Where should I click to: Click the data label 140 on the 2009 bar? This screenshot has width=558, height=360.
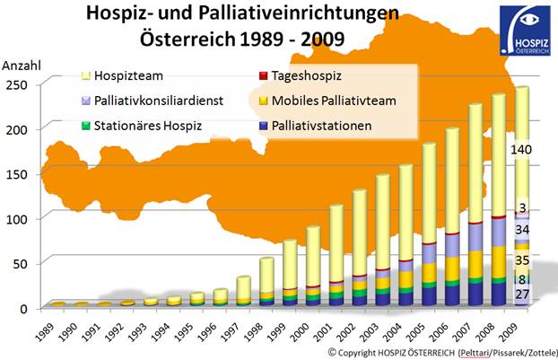pyautogui.click(x=523, y=152)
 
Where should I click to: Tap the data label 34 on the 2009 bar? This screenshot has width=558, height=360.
pyautogui.click(x=523, y=231)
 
